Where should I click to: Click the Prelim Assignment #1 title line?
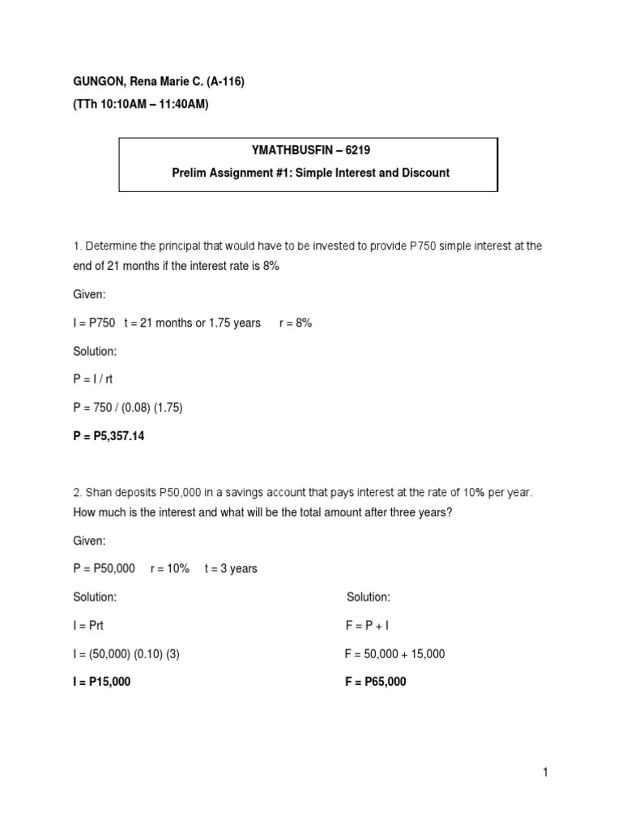pyautogui.click(x=309, y=173)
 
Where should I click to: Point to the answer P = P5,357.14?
pyautogui.click(x=109, y=436)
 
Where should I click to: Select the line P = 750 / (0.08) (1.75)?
pyautogui.click(x=128, y=408)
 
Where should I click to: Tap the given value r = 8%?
pyautogui.click(x=292, y=323)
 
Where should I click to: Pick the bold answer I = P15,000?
pyautogui.click(x=101, y=682)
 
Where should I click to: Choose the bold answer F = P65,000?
pyautogui.click(x=376, y=682)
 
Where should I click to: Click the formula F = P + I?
pyautogui.click(x=367, y=625)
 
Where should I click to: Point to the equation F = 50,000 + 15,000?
pyautogui.click(x=394, y=653)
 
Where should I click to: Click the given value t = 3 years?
pyautogui.click(x=231, y=568)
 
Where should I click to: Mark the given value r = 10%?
pyautogui.click(x=170, y=568)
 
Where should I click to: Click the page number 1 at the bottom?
pyautogui.click(x=546, y=772)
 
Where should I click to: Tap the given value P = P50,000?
pyautogui.click(x=104, y=568)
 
